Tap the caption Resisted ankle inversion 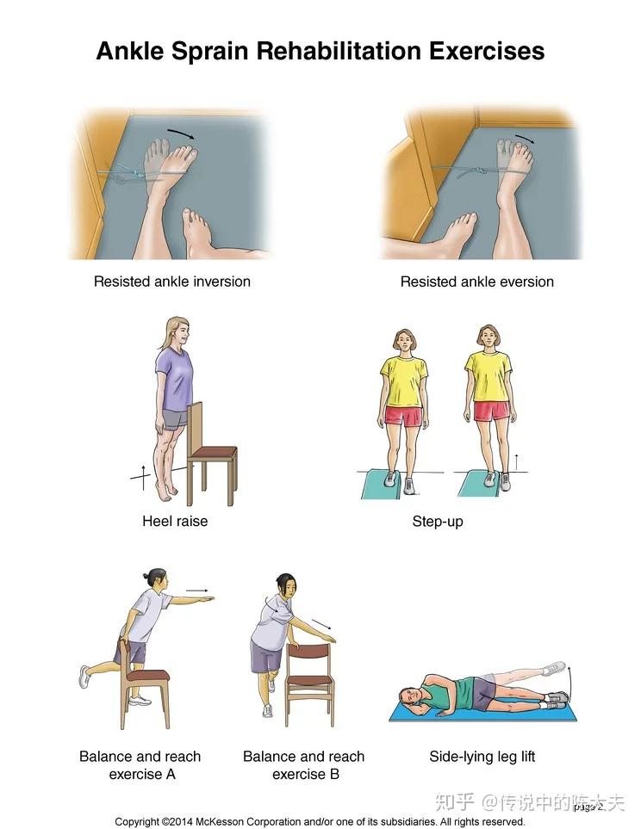point(172,281)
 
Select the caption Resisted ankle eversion point(477,281)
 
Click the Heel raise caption point(175,522)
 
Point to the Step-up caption point(437,522)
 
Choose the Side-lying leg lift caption point(482,757)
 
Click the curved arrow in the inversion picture point(181,133)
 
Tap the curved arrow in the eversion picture point(525,139)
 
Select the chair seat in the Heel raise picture point(213,453)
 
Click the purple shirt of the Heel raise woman point(174,379)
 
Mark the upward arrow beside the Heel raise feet point(142,478)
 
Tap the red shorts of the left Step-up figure point(403,416)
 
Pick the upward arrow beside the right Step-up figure point(517,462)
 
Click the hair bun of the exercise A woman point(146,575)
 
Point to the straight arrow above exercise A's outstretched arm point(197,590)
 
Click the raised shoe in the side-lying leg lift point(554,668)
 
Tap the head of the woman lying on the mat point(408,698)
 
